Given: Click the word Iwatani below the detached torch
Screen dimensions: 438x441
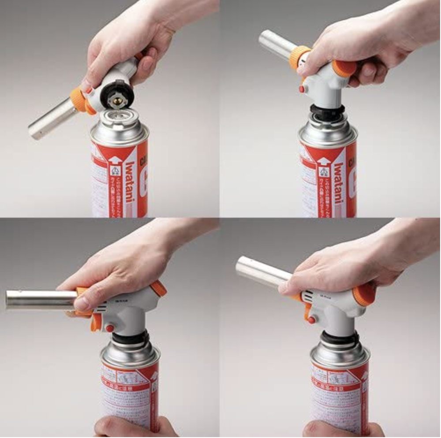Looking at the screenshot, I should tap(131, 185).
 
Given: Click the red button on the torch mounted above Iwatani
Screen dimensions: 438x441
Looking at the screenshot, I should tap(302, 89).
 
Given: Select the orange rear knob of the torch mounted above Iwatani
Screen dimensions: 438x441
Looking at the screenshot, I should tap(344, 68).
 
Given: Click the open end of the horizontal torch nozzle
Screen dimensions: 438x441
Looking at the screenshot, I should tap(9, 299).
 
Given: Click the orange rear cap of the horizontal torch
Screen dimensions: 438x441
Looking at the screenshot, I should tap(158, 288).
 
